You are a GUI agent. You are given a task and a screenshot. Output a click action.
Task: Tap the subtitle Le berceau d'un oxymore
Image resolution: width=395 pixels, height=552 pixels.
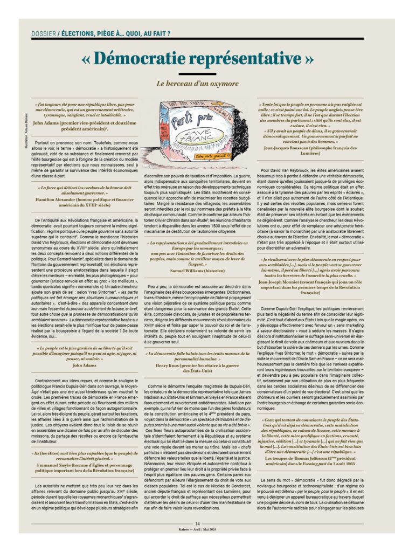tap(197, 84)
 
